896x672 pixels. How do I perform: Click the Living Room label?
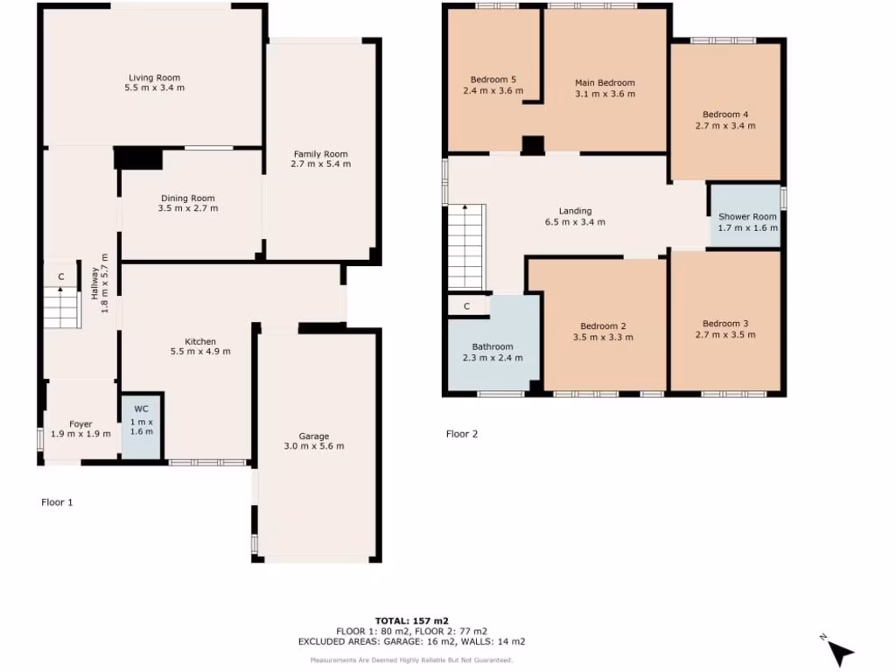click(154, 78)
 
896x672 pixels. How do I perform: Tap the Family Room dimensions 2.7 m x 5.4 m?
click(320, 164)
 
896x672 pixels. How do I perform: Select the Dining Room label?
click(187, 198)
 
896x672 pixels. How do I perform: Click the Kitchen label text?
click(199, 341)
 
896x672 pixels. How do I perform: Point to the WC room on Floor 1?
click(142, 424)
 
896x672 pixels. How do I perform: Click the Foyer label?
click(80, 424)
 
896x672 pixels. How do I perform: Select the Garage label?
click(313, 436)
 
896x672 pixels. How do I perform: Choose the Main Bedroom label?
click(605, 83)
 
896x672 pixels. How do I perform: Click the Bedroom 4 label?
click(724, 115)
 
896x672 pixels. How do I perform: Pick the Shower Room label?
click(747, 217)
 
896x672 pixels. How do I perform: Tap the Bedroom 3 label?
click(724, 323)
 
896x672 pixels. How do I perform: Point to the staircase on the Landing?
click(466, 245)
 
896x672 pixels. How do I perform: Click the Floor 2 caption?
click(462, 433)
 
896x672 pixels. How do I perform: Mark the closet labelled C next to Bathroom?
click(467, 306)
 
